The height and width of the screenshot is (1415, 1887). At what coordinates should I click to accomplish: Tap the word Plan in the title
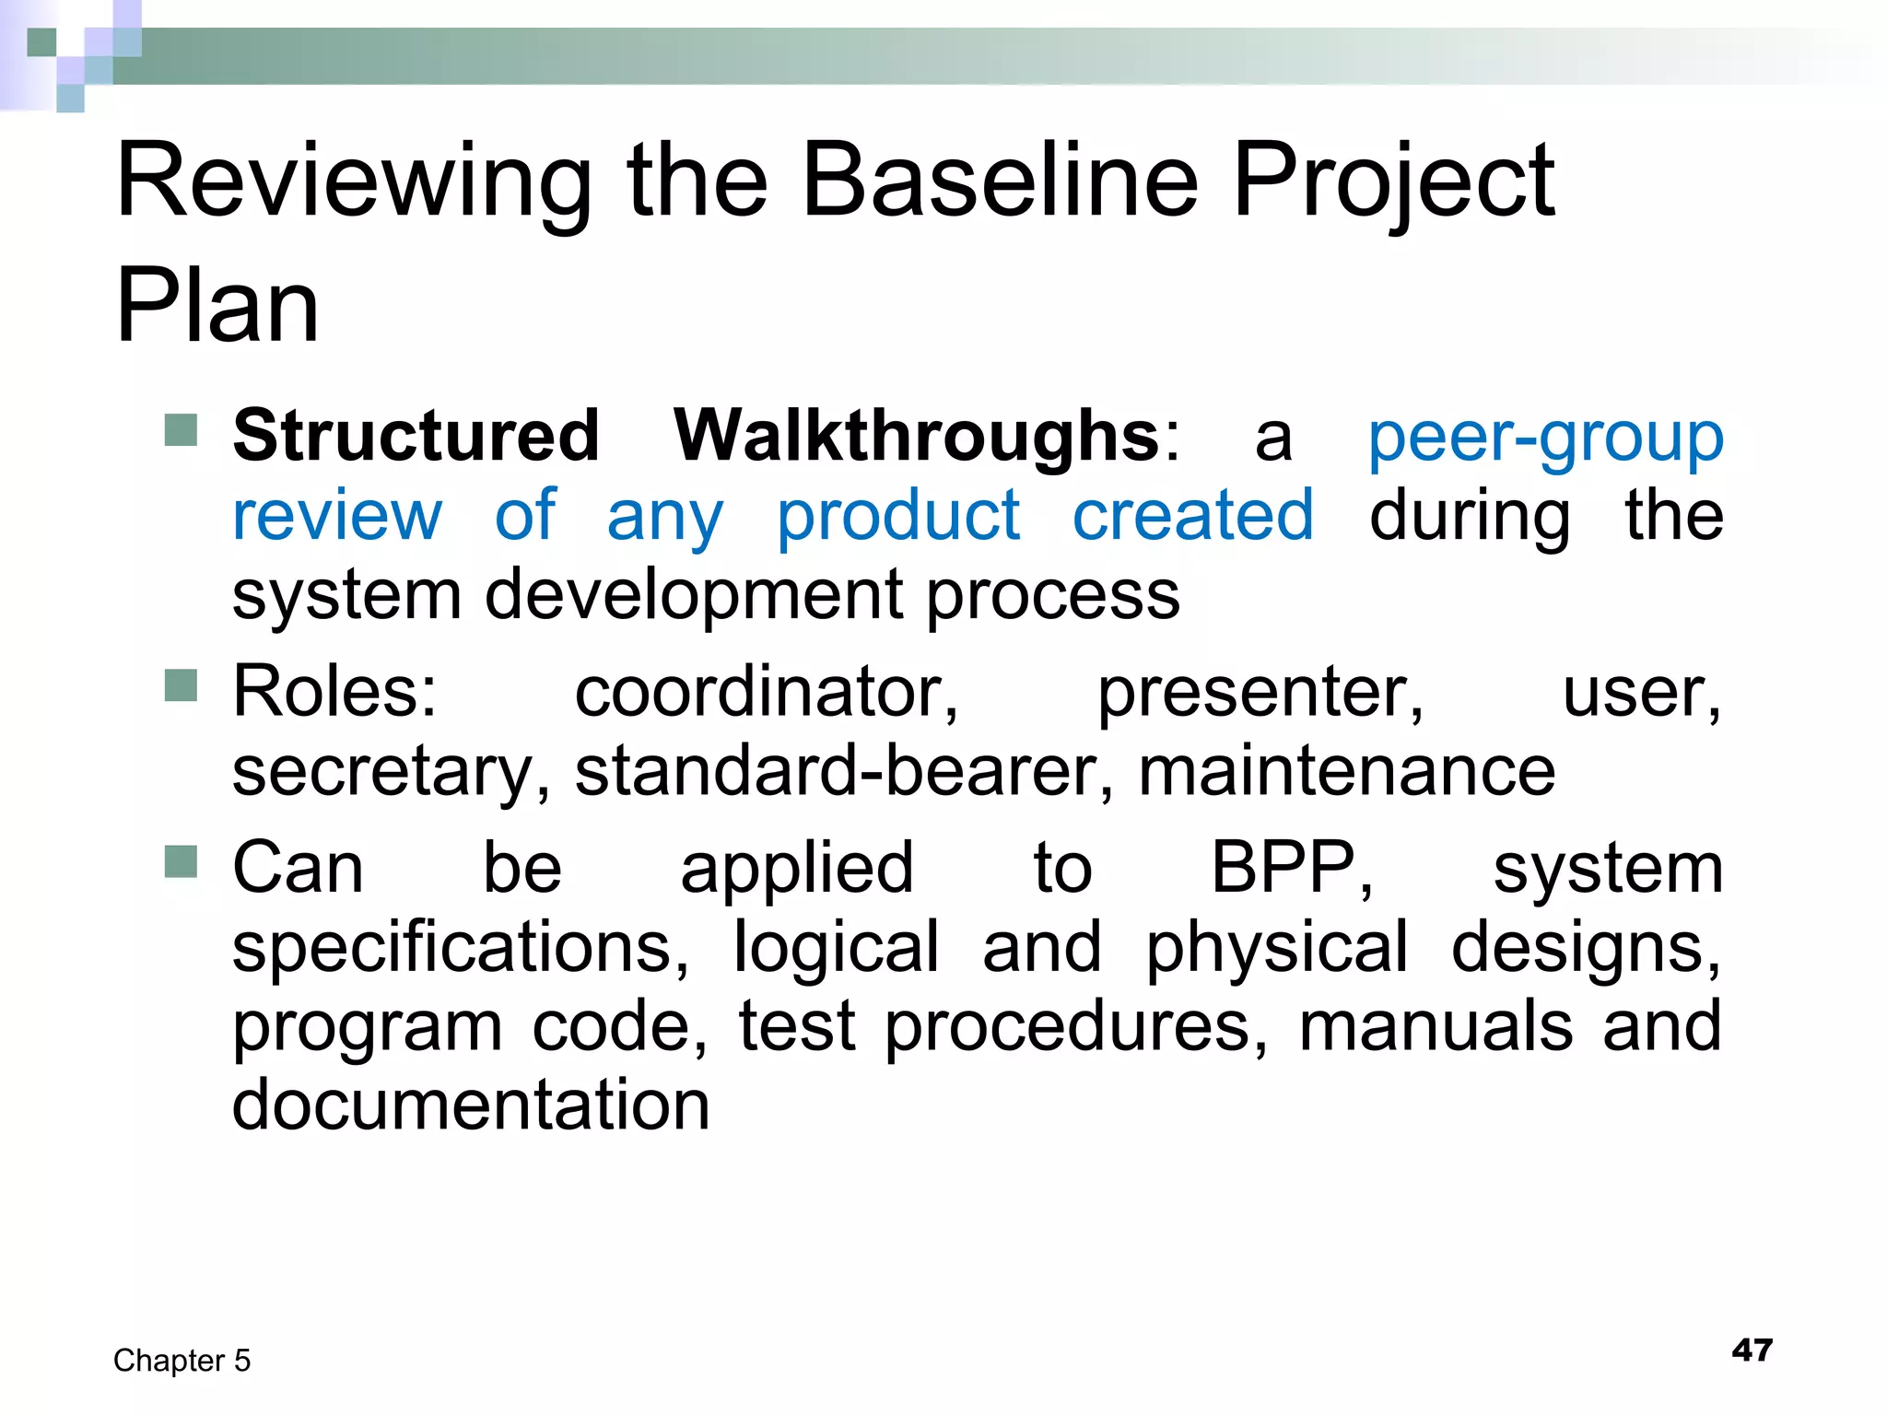pos(217,306)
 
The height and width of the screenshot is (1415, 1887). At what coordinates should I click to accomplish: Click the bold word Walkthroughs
pos(916,436)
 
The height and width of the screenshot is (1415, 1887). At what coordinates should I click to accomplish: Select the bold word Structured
pos(416,436)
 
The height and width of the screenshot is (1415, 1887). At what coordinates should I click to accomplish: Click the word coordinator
pos(767,693)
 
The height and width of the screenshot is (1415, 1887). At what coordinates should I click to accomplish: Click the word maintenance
pos(1347,771)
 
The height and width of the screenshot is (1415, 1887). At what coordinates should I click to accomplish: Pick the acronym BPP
pos(1290,868)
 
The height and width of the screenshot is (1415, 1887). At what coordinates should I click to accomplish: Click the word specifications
pos(459,949)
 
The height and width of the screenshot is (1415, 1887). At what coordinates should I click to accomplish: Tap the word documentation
pos(471,1105)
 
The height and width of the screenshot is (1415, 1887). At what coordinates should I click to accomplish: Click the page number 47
pos(1752,1351)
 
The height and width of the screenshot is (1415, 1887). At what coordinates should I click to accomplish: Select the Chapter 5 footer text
pos(182,1361)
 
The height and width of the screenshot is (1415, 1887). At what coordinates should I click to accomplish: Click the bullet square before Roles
pos(181,685)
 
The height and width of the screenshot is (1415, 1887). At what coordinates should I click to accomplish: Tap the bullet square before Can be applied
pos(181,861)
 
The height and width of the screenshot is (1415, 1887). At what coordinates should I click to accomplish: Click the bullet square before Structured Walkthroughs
pos(181,429)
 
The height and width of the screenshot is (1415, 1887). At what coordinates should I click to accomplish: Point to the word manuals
pos(1436,1026)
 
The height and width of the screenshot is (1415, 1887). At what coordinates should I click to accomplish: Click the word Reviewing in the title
pos(355,181)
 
